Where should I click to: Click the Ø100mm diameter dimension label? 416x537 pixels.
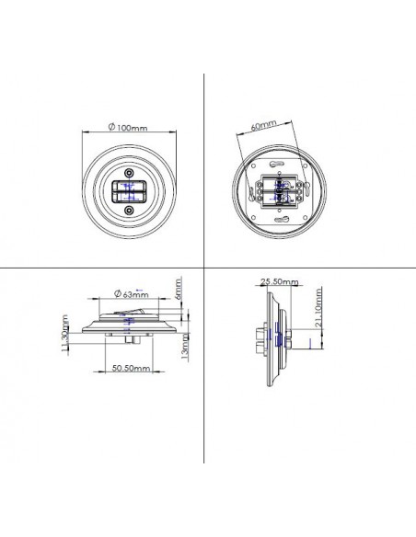128,128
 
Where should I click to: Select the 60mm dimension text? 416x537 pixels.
263,125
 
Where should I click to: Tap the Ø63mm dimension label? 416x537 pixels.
132,294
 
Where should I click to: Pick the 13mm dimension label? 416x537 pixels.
184,347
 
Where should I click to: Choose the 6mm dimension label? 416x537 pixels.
179,289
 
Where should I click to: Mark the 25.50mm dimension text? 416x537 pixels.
280,282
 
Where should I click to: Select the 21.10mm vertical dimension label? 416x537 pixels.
318,307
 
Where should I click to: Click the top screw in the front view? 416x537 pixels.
129,173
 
